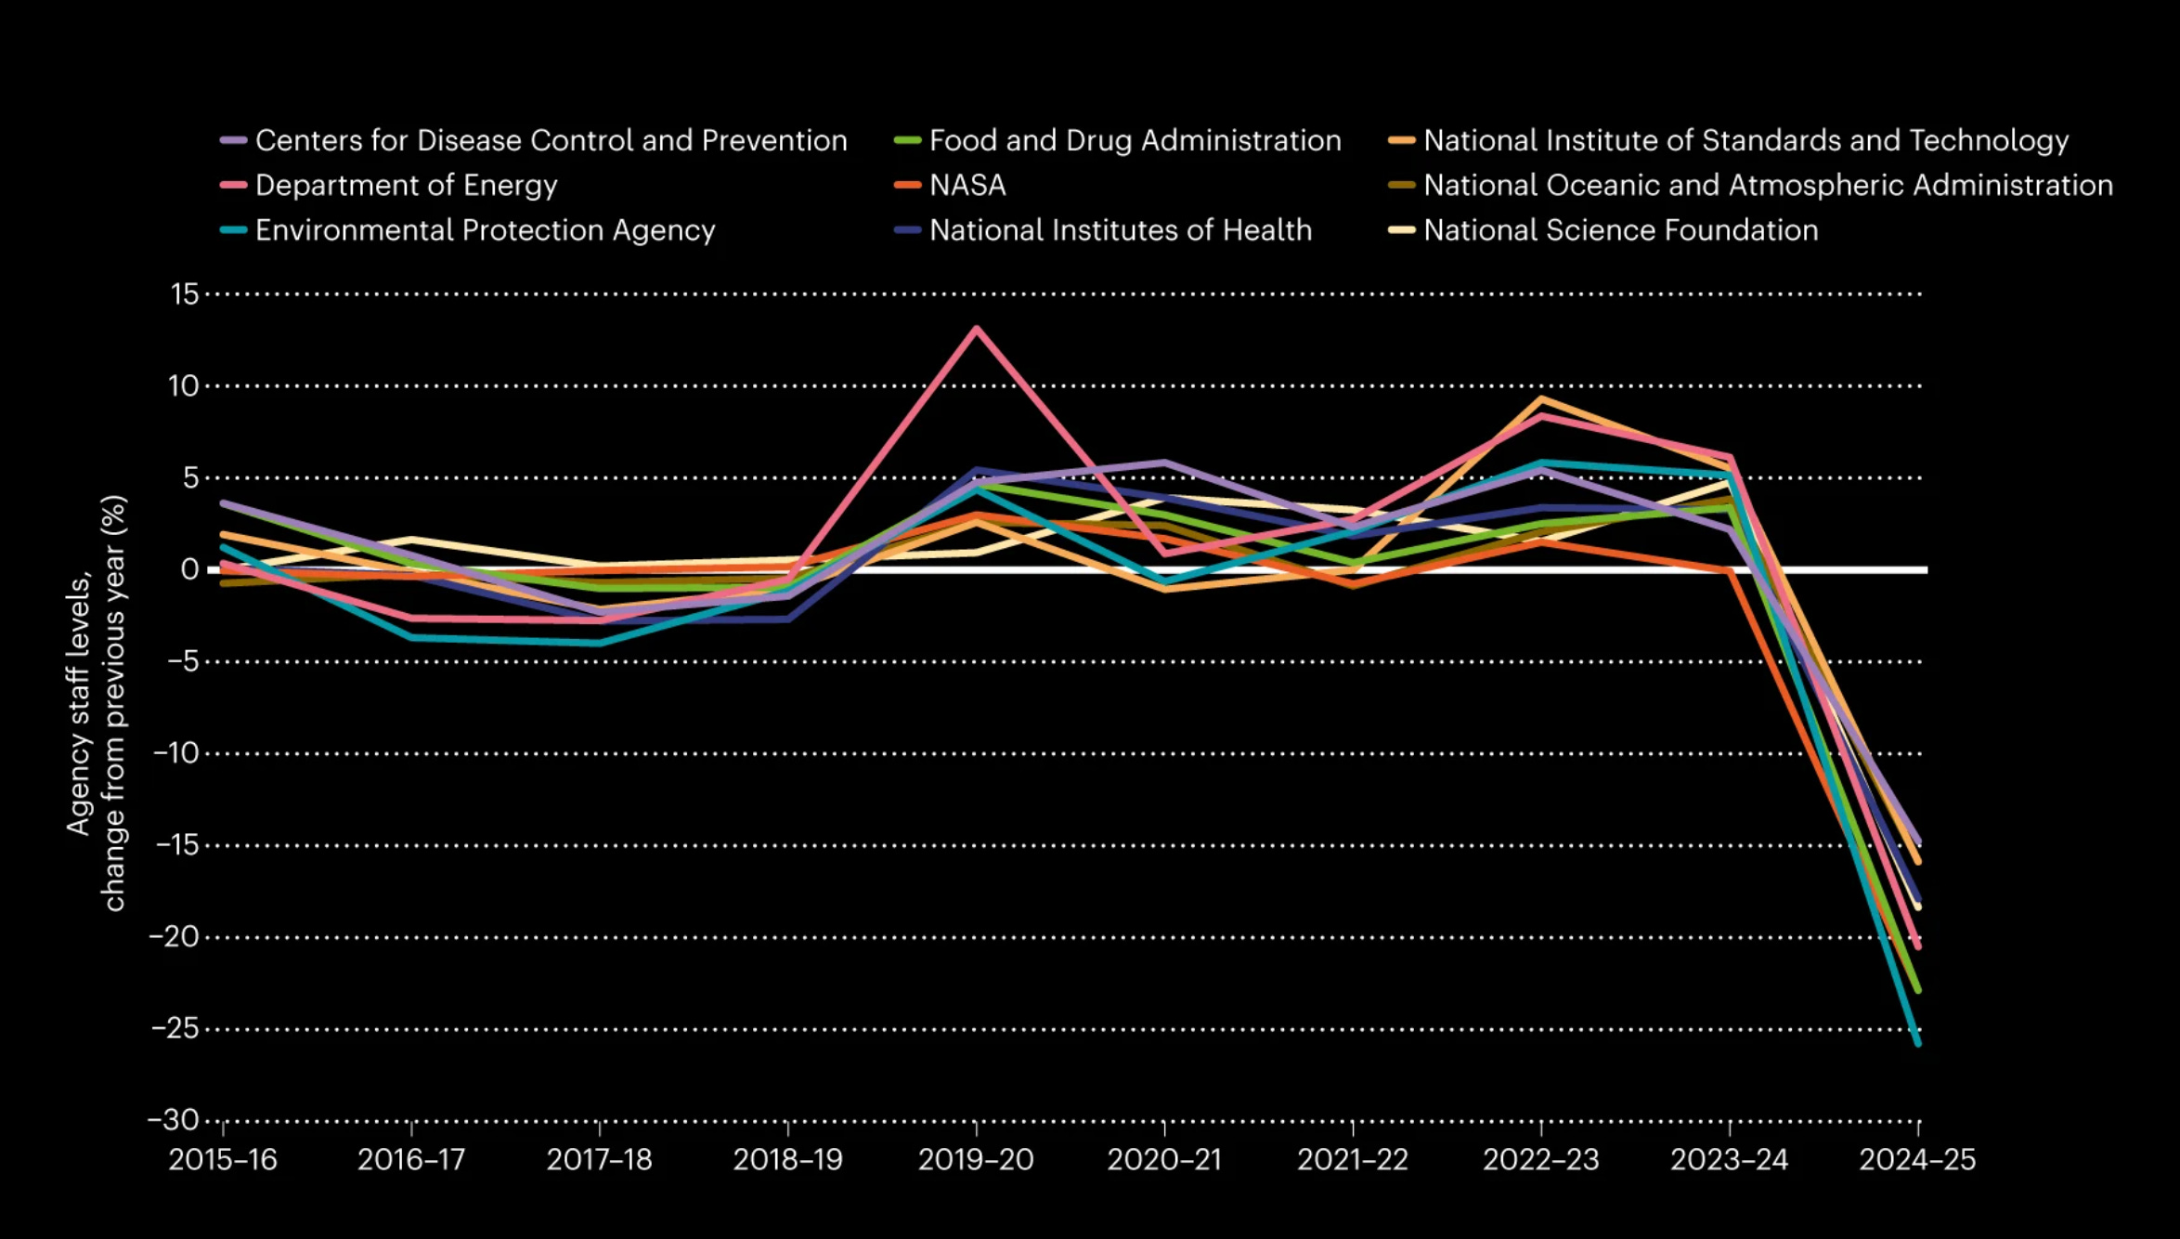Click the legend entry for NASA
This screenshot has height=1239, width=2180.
[967, 185]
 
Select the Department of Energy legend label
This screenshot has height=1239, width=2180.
[406, 185]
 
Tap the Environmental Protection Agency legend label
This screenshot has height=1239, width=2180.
[485, 230]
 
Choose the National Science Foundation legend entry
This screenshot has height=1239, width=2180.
[1620, 230]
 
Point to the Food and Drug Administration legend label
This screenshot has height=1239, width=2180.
[1135, 140]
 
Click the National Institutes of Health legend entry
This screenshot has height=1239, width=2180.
[1120, 230]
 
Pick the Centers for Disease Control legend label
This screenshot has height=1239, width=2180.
[551, 140]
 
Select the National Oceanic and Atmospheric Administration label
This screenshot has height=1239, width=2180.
[1768, 185]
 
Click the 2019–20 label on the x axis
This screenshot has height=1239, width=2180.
[976, 1160]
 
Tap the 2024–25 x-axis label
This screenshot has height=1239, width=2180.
[1917, 1160]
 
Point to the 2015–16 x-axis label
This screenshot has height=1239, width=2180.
[223, 1160]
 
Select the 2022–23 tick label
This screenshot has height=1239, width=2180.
[1541, 1160]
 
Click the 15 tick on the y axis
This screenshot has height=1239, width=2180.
[185, 294]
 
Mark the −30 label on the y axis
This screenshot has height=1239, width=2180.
[174, 1120]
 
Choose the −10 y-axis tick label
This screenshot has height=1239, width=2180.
[176, 753]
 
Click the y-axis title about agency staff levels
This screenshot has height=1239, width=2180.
[96, 703]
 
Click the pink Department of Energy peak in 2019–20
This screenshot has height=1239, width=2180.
[976, 329]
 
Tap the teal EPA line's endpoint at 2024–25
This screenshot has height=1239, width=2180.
[1918, 1043]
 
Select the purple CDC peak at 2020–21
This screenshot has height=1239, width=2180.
[1164, 463]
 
